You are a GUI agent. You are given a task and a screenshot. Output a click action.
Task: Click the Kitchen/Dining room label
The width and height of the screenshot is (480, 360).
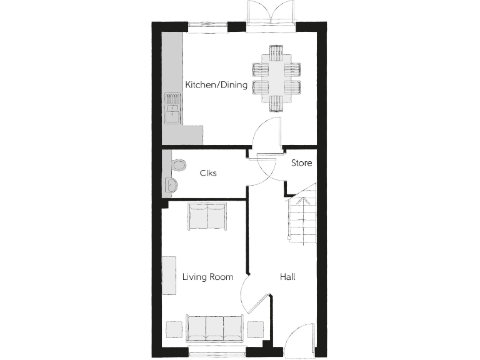(x=216, y=84)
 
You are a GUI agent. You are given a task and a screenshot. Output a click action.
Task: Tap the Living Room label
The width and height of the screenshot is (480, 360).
(x=207, y=277)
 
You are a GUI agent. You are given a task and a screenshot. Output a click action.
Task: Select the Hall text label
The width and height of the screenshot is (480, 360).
(x=287, y=277)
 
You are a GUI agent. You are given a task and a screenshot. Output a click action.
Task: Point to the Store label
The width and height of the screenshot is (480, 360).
(x=301, y=163)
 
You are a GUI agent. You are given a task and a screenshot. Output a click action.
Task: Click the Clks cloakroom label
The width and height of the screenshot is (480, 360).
(x=208, y=173)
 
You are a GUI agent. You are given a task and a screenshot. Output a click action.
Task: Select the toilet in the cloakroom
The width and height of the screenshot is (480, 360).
(x=177, y=165)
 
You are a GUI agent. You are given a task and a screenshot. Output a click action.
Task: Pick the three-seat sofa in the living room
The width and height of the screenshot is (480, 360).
(x=216, y=328)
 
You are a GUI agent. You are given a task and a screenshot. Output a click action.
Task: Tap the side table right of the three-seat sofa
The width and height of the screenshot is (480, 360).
(x=256, y=329)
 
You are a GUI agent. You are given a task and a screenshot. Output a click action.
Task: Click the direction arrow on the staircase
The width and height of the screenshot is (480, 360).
(x=302, y=201)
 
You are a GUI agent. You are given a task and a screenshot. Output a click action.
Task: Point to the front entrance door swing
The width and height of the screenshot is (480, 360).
(x=299, y=337)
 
